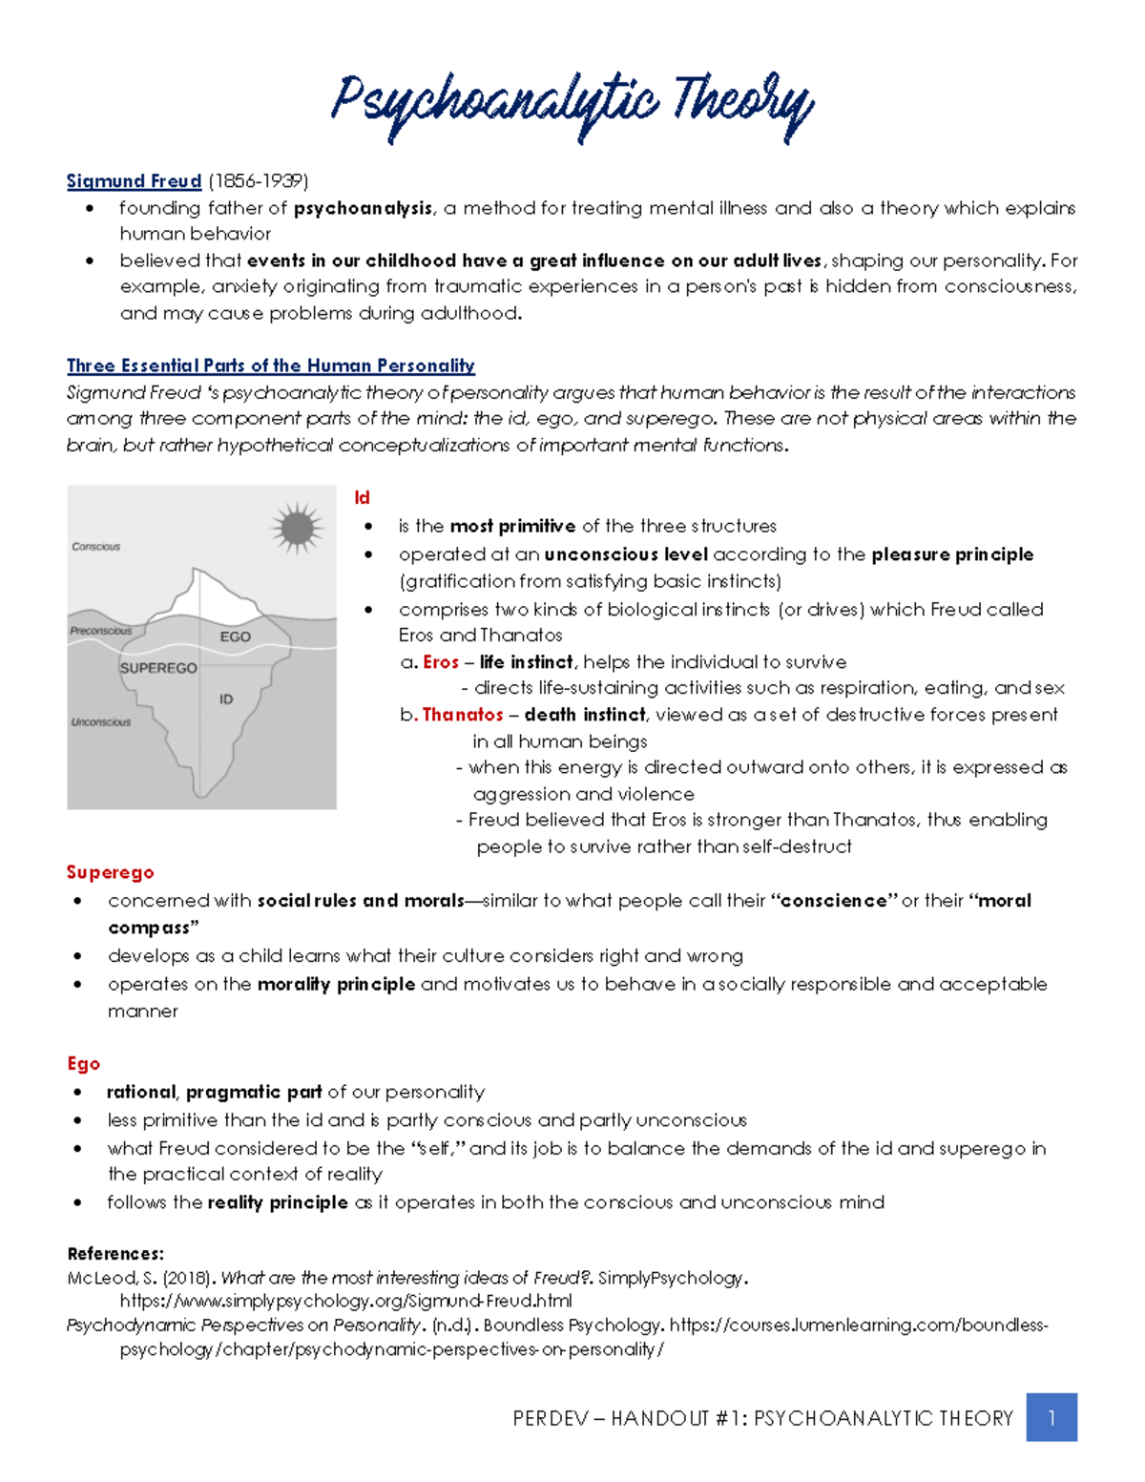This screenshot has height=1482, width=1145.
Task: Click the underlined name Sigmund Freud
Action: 134,181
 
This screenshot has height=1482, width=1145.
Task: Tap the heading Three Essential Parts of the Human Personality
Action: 270,365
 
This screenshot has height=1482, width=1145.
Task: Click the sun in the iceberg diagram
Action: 297,527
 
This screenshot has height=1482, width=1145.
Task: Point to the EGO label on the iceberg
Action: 235,637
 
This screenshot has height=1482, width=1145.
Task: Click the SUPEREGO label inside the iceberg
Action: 158,668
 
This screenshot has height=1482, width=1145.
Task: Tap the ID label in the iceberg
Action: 226,699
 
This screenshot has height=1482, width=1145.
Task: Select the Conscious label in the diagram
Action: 95,547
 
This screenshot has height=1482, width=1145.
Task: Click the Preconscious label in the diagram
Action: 100,631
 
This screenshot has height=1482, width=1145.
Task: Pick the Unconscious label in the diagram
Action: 100,722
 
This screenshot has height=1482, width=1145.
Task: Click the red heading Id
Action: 362,498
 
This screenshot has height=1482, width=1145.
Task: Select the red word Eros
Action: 441,662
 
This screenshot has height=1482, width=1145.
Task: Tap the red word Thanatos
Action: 463,715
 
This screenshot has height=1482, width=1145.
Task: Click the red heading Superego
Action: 110,872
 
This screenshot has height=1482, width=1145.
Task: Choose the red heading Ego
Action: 83,1064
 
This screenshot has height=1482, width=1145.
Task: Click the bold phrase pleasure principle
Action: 951,554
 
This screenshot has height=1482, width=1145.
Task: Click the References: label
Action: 115,1254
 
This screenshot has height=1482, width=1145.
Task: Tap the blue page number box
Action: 1051,1417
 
